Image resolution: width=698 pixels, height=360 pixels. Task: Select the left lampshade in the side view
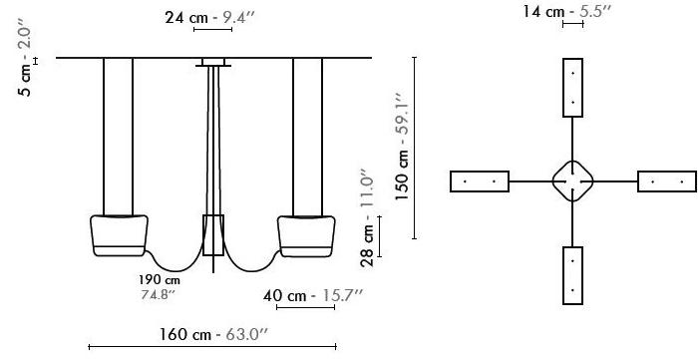(x=119, y=236)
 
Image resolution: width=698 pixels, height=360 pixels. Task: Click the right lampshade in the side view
(x=306, y=236)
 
